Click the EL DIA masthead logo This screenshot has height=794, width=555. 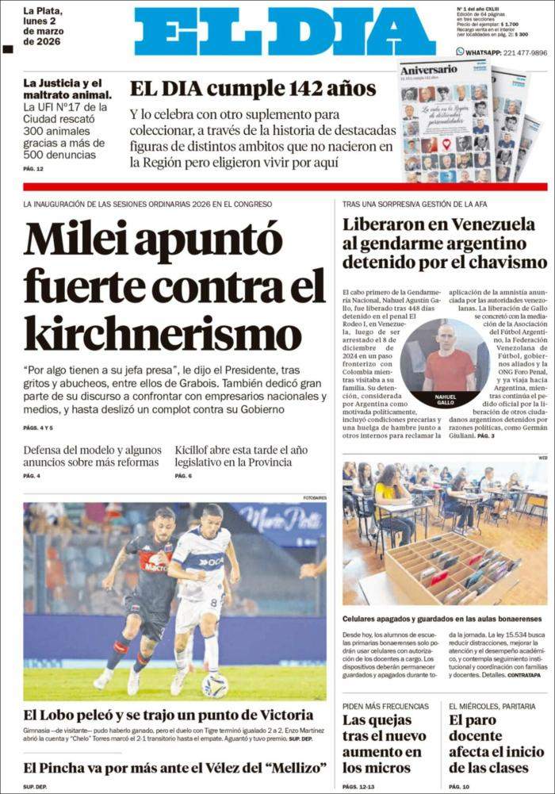tap(285, 33)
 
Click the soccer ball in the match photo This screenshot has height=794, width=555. tap(214, 685)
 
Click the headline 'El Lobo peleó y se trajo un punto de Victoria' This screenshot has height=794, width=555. tap(168, 715)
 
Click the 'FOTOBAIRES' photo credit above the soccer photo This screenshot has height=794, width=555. tap(314, 497)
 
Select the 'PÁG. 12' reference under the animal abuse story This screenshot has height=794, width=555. tap(33, 169)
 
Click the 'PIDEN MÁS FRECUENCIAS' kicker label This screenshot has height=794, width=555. tap(385, 706)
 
